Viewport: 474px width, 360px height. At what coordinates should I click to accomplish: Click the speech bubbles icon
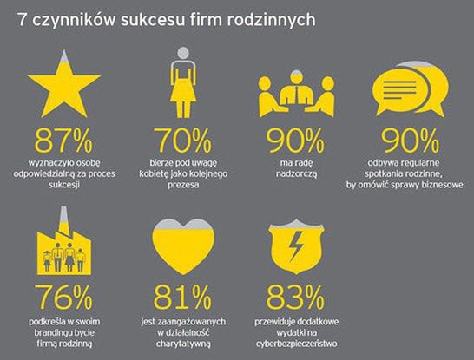[x=410, y=91]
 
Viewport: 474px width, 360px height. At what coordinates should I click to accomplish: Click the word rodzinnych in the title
[x=272, y=19]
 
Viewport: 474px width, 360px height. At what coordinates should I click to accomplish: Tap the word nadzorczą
[x=296, y=173]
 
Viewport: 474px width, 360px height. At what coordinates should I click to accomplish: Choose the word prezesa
[x=182, y=185]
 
